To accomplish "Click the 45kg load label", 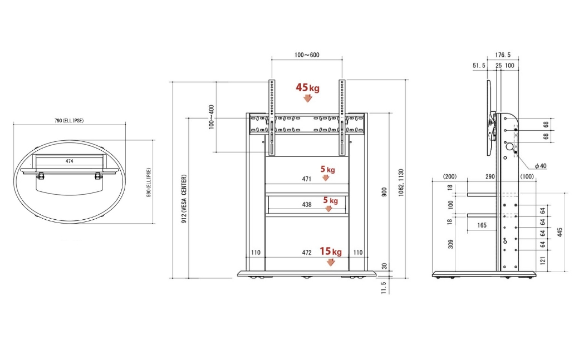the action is (x=307, y=87).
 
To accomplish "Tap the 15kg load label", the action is (x=331, y=251).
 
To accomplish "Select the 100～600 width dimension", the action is (x=307, y=55).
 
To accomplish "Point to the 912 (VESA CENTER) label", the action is (x=184, y=199).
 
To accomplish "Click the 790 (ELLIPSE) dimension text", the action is (x=69, y=121).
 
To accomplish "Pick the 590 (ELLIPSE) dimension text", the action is (x=149, y=183).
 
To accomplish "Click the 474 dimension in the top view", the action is (x=69, y=161).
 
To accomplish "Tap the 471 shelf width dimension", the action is (x=307, y=179).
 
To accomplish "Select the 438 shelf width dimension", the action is (x=307, y=205).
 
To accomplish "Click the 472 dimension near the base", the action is (x=307, y=253).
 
